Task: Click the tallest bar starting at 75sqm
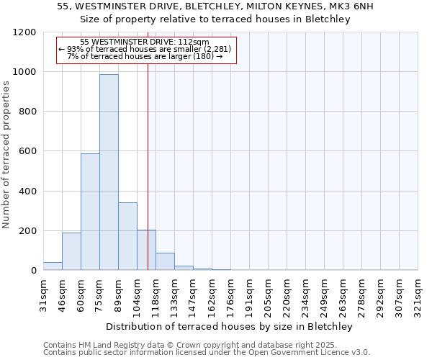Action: click(x=109, y=173)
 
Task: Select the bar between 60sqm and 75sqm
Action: click(x=90, y=212)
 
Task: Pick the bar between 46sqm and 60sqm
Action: click(x=71, y=251)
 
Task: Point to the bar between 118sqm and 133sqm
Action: click(x=165, y=262)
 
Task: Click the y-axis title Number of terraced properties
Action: click(x=6, y=155)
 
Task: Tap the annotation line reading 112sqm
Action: click(x=145, y=42)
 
